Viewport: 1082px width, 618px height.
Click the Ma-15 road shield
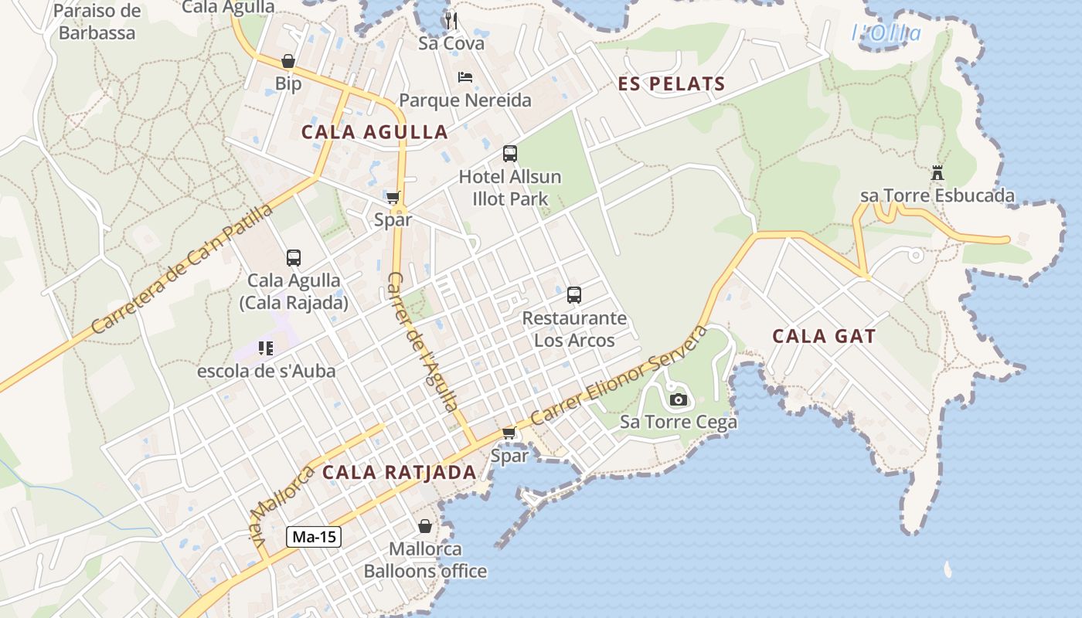pos(314,537)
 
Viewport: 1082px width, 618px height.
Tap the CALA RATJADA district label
pos(399,472)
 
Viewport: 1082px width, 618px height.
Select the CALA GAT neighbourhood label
pos(824,336)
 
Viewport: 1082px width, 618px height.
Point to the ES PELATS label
pos(672,84)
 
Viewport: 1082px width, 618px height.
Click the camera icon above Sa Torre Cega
pos(679,399)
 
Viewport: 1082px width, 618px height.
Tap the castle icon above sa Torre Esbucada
pos(937,172)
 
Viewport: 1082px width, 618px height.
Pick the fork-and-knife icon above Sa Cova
pos(451,20)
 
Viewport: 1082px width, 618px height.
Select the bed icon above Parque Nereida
pos(465,77)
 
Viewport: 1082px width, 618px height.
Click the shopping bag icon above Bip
pos(288,61)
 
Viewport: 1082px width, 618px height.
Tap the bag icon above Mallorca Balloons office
pos(425,526)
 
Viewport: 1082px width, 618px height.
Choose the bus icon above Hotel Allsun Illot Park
pos(510,153)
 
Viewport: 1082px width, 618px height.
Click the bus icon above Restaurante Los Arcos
pos(574,294)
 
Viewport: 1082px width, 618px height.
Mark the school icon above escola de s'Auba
pos(266,348)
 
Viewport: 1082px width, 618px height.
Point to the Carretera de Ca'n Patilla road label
pos(182,269)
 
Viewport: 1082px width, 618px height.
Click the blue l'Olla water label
pos(886,33)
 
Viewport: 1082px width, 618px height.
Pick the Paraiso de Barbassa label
pos(97,22)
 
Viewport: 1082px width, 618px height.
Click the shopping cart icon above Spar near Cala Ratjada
pos(509,433)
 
